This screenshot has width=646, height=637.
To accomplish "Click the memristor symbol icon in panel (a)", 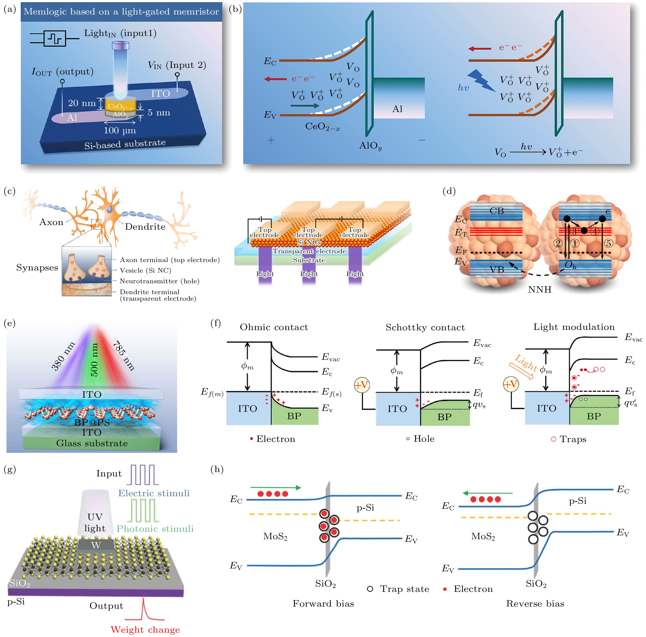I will (55, 38).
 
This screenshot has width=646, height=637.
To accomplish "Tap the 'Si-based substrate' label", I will (125, 144).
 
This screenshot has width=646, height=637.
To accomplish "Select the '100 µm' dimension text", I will (120, 130).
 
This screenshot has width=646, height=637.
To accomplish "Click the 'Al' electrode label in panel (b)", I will (397, 109).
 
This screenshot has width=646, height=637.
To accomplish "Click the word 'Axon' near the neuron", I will (51, 222).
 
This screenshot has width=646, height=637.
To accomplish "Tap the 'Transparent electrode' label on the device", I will (309, 251).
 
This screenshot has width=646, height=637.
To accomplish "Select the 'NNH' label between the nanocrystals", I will (540, 289).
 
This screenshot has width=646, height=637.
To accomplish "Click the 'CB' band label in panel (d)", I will (497, 211).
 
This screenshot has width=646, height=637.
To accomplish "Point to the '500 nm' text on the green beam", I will (94, 360).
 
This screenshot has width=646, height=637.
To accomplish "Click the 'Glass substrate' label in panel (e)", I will (92, 443).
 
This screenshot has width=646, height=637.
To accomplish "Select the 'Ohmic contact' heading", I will (274, 327).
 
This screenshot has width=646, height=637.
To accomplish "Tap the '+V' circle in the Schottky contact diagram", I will (361, 385).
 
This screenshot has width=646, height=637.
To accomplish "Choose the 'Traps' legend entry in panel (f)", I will (569, 439).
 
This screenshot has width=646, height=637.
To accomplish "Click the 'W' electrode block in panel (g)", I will (96, 545).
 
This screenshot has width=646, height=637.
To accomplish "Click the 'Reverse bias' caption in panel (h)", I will (535, 603).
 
